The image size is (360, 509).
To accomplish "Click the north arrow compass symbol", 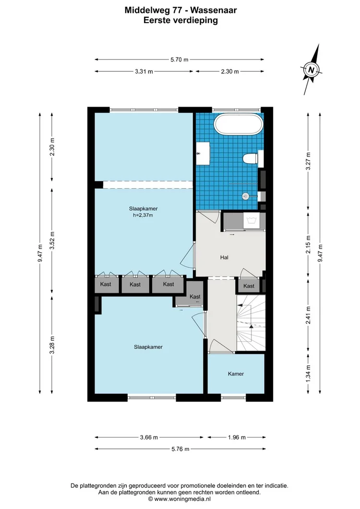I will [312, 70].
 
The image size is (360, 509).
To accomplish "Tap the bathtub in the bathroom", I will [239, 125].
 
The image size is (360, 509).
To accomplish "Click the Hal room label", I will [224, 257].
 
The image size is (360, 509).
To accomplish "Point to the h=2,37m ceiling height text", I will [143, 215].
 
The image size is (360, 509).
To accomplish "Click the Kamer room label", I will [236, 374].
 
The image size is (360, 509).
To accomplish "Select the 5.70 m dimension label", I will [179, 60].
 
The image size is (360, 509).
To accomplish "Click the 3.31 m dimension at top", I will [144, 72].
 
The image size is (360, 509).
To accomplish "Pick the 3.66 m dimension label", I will [149, 437].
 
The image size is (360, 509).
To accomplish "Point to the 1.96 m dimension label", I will [236, 437].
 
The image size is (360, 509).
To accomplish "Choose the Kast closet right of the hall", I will [249, 286].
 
